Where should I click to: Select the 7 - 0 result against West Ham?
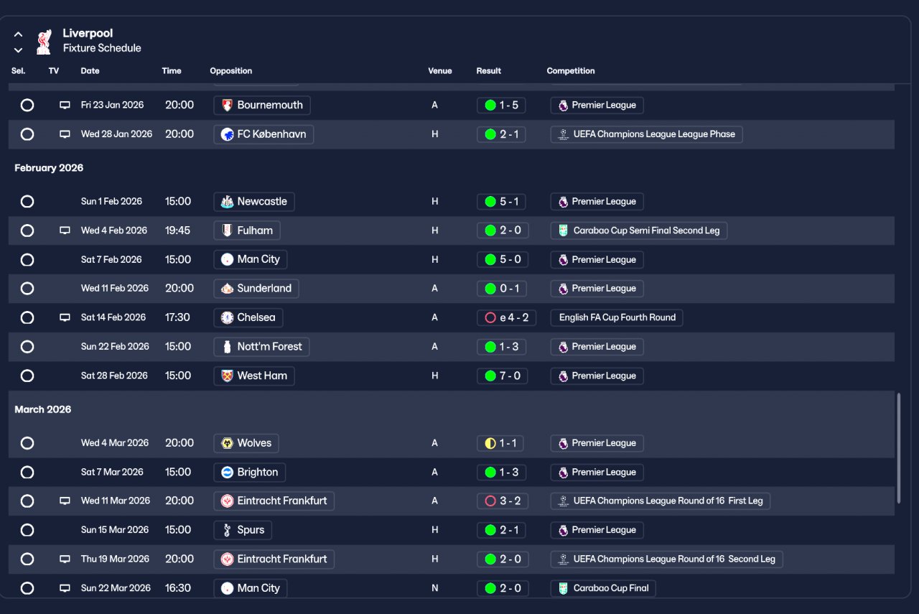(501, 376)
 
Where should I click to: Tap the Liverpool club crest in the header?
(44, 41)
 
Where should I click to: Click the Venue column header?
(440, 71)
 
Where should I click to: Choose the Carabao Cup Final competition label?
(603, 588)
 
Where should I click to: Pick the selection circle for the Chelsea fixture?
(27, 317)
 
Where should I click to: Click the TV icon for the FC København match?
(65, 134)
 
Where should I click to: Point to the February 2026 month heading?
(49, 168)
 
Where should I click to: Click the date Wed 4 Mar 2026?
(115, 443)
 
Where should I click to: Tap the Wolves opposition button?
(246, 443)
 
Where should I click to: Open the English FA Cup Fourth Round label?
(617, 317)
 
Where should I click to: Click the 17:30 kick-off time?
(178, 317)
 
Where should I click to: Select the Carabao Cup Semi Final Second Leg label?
(639, 231)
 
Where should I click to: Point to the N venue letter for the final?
(434, 588)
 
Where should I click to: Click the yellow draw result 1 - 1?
(500, 443)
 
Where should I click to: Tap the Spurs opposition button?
(243, 530)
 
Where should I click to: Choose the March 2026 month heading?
(43, 409)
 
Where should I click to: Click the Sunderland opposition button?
(256, 289)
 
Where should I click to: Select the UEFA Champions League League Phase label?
(646, 134)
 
